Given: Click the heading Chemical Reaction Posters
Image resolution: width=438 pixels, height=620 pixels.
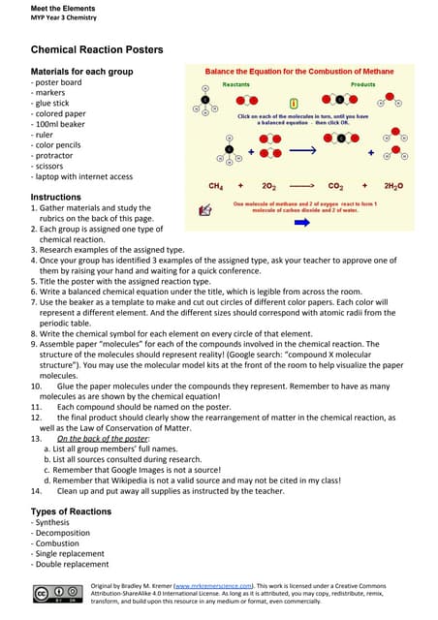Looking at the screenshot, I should click(x=97, y=49).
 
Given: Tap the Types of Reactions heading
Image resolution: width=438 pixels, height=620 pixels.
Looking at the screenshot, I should click(x=71, y=511).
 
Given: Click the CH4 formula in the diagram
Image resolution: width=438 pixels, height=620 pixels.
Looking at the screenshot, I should click(x=216, y=185).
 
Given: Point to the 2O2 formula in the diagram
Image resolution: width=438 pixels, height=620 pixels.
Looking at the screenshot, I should click(x=268, y=185).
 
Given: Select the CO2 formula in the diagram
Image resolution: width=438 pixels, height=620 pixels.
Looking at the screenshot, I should click(x=335, y=185).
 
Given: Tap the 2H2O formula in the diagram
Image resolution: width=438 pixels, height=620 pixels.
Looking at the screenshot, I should click(x=394, y=185).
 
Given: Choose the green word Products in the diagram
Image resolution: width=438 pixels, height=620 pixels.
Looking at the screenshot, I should click(x=362, y=85).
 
